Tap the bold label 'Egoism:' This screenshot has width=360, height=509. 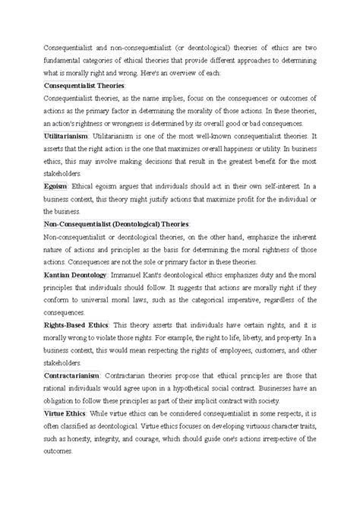(x=57, y=186)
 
